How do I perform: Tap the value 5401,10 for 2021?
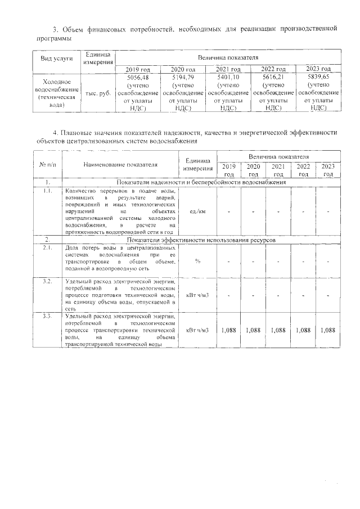[228, 76]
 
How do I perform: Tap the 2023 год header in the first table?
[318, 69]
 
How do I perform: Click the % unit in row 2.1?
[197, 261]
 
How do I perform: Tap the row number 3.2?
[48, 280]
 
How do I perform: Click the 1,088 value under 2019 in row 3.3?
[229, 330]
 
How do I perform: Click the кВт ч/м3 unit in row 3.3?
[197, 330]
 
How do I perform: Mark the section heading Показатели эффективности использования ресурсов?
[200, 240]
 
